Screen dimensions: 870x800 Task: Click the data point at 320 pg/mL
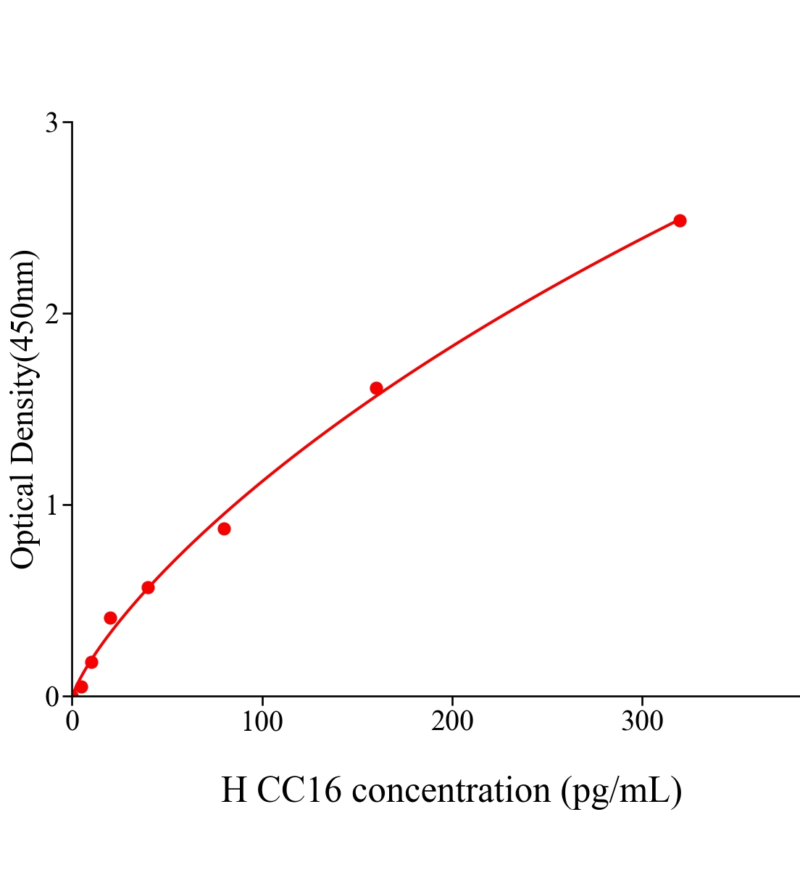[x=680, y=220]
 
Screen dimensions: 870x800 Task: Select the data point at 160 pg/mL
[x=376, y=388]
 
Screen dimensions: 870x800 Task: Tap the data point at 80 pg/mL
[x=224, y=529]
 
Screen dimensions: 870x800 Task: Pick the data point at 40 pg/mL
[x=148, y=587]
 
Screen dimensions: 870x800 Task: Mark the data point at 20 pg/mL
[x=110, y=618]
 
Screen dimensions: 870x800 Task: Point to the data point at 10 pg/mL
[x=91, y=662]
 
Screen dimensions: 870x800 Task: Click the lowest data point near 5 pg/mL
[x=81, y=687]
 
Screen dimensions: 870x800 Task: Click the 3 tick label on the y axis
[x=51, y=123]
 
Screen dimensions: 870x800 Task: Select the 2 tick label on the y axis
[x=51, y=314]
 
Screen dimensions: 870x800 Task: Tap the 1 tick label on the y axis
[x=51, y=505]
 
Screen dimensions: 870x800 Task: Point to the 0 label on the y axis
[x=51, y=697]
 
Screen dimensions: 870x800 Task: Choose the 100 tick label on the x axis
[x=262, y=722]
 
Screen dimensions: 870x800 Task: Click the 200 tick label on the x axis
[x=452, y=722]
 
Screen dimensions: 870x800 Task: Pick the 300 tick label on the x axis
[x=643, y=722]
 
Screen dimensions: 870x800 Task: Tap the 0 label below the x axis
[x=72, y=722]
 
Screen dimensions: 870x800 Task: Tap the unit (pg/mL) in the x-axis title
[x=622, y=790]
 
